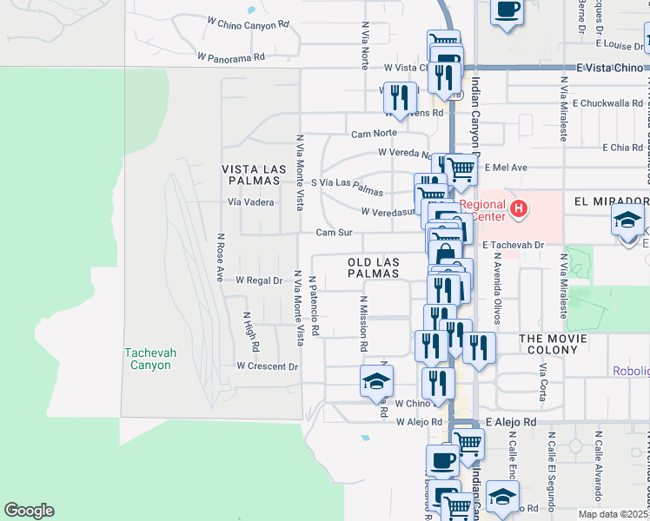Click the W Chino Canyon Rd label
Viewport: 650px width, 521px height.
(x=248, y=23)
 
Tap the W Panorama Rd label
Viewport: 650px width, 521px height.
(x=230, y=57)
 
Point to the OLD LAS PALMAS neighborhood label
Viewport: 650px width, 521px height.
(x=374, y=267)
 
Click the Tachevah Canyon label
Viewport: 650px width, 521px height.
(x=148, y=359)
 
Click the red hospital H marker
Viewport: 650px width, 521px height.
(x=519, y=208)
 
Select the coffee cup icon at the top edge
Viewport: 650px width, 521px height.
(x=507, y=10)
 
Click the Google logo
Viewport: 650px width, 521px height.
(x=29, y=511)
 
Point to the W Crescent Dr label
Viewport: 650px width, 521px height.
(x=267, y=366)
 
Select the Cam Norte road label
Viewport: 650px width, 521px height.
(x=374, y=133)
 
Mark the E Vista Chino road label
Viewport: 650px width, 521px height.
(x=608, y=67)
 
